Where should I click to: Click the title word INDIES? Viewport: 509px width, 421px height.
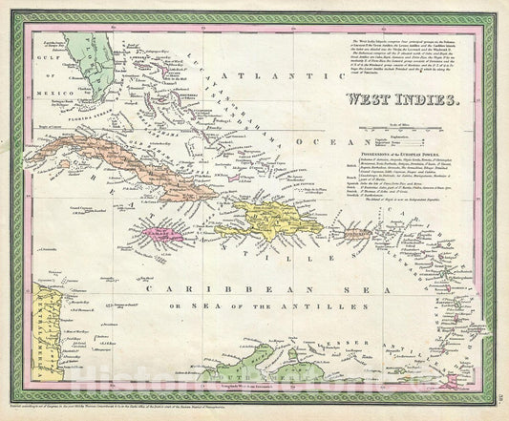coord(420,97)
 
